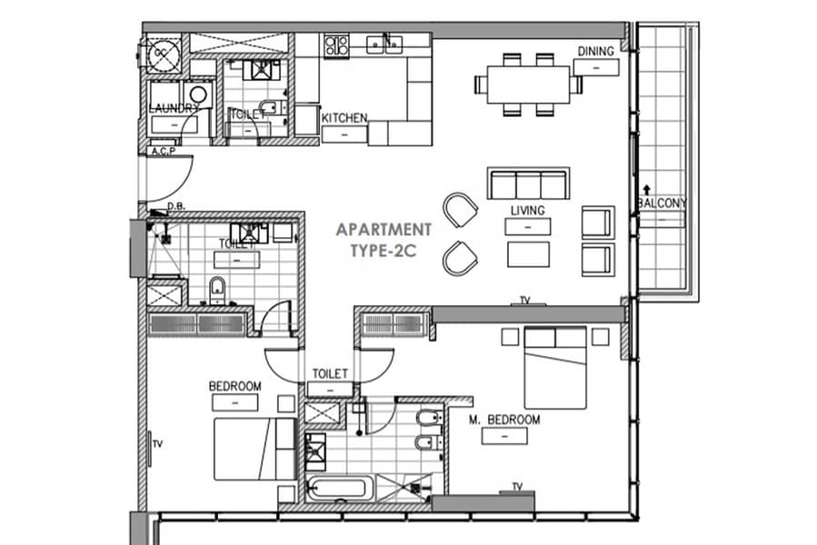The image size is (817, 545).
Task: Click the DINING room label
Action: [595, 51]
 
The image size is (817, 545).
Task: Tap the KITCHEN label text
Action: [344, 118]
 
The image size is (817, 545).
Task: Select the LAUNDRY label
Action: [174, 108]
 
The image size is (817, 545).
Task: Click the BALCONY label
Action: [663, 203]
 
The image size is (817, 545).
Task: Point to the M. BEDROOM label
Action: [504, 420]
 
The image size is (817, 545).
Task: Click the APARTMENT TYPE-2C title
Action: [384, 240]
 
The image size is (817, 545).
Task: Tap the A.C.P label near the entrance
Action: [163, 151]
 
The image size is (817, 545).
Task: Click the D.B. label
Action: [176, 206]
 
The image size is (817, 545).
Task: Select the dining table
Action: [529, 84]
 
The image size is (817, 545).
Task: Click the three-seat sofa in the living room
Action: [528, 183]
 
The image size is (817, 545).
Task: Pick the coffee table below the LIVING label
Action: [528, 254]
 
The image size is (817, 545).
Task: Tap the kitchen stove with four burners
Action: [336, 45]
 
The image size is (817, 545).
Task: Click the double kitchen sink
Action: [384, 45]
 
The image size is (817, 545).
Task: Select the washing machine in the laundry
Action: [198, 94]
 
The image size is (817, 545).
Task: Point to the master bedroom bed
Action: [555, 368]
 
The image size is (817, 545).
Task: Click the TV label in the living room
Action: [525, 301]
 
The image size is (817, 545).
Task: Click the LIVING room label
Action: [528, 211]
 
